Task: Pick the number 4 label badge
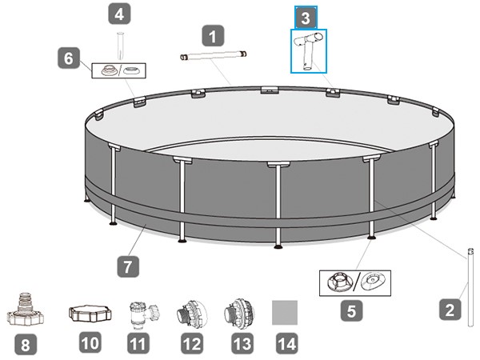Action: coord(119,14)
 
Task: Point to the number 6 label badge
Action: coord(69,58)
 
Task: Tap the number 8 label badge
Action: coord(26,344)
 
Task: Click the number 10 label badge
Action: coord(90,344)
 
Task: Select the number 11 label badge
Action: coord(140,344)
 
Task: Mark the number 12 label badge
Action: coord(190,344)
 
